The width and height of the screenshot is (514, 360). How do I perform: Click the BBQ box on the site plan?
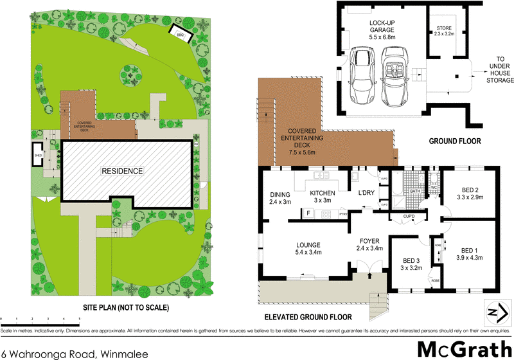click(x=180, y=34)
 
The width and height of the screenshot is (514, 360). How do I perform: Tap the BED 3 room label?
click(x=412, y=264)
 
